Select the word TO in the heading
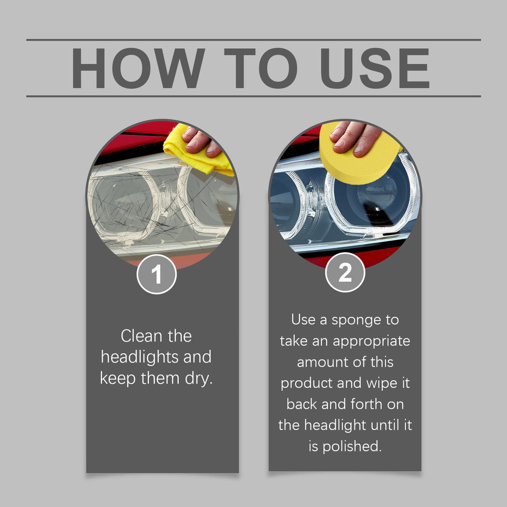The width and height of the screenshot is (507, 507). pos(261,68)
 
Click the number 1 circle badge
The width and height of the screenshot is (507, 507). pos(157,274)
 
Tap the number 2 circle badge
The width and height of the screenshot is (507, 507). pos(345,272)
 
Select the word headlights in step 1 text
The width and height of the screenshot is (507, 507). pos(139,357)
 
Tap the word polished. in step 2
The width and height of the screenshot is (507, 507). pos(352,446)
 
